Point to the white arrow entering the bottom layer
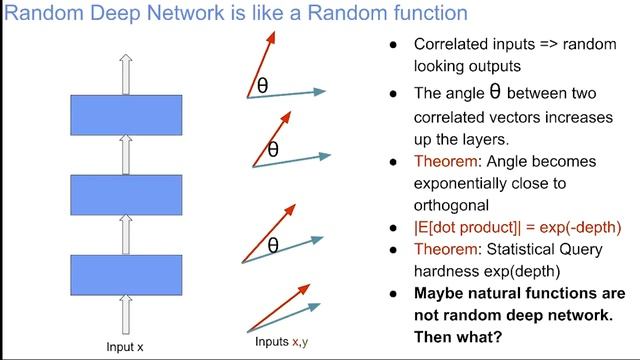pos(125,313)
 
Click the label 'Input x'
pos(125,347)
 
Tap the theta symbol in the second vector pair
pos(272,151)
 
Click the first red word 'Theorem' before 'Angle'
pos(442,161)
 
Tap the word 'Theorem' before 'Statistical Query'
pos(442,248)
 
